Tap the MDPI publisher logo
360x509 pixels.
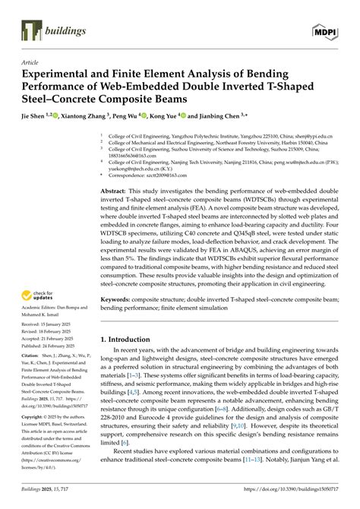tap(324, 30)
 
